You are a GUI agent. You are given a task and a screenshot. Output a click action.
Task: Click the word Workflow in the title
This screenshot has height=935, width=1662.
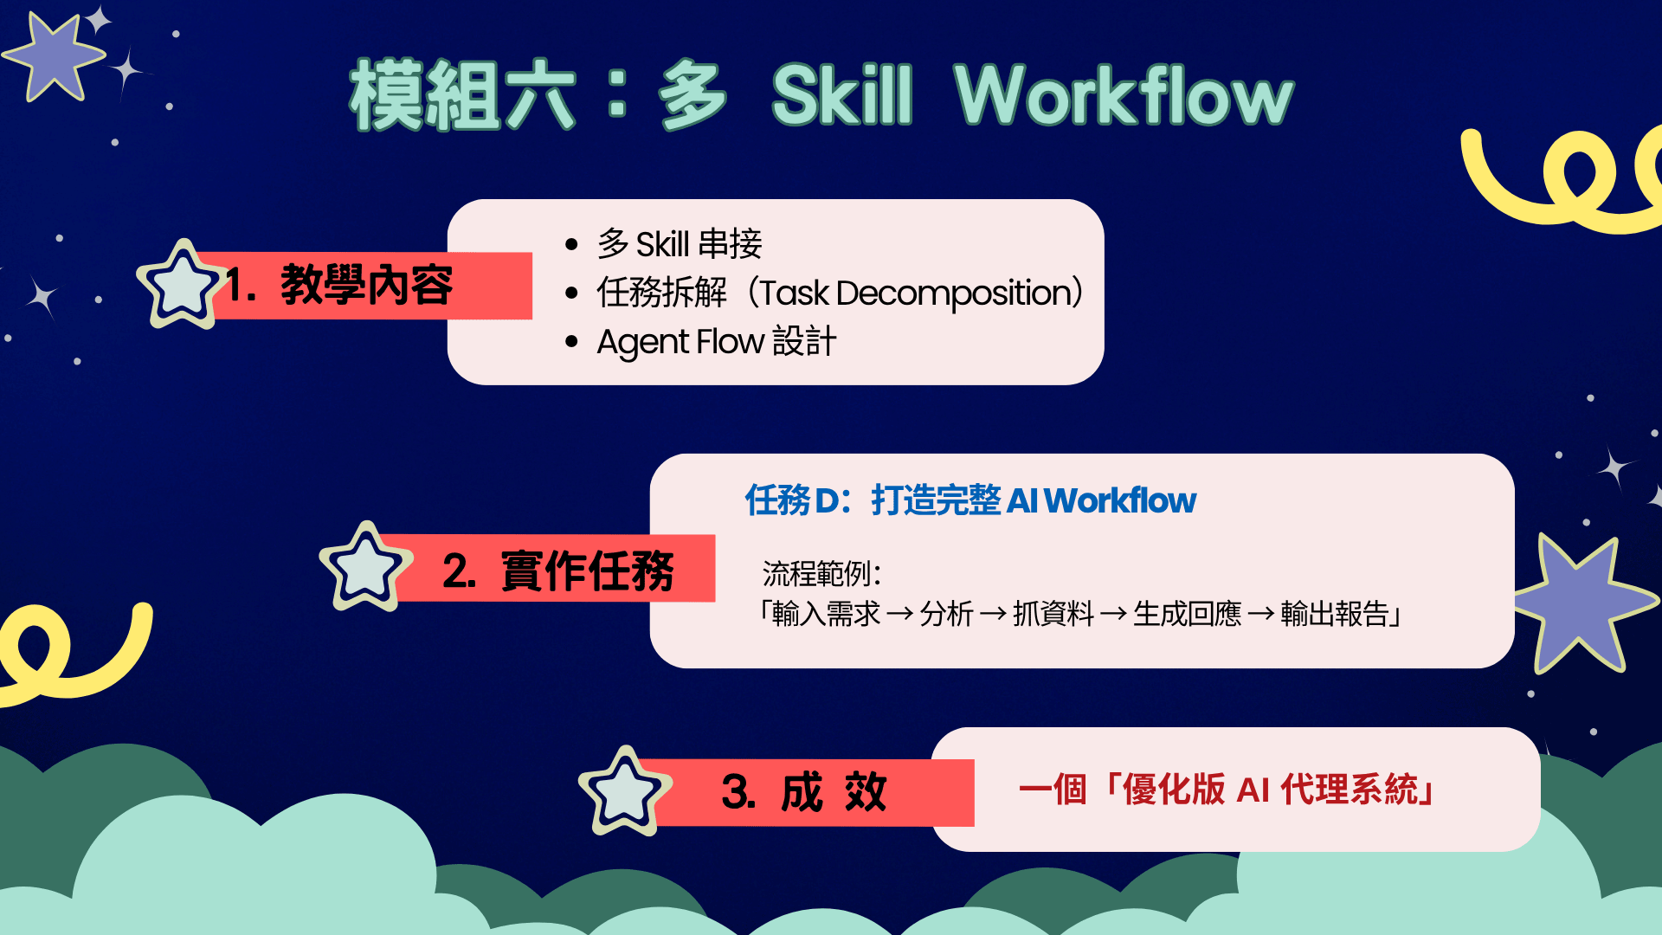coord(1124,95)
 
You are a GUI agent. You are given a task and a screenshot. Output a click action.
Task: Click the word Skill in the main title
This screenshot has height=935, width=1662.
coord(842,95)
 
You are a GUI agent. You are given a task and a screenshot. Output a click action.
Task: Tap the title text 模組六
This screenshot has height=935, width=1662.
coord(462,95)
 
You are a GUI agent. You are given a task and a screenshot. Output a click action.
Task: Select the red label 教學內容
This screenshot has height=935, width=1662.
coord(367,285)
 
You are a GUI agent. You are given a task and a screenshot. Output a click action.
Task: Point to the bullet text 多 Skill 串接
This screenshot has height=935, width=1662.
coord(680,244)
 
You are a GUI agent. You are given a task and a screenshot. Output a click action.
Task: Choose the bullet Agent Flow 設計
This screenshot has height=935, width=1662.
coord(717,342)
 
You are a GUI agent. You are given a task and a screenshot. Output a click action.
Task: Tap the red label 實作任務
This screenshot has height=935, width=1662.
coord(587,571)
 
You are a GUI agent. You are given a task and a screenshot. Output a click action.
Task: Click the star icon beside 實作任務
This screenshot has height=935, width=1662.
coord(365,568)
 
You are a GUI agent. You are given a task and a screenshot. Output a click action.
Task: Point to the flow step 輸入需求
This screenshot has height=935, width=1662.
coord(826,614)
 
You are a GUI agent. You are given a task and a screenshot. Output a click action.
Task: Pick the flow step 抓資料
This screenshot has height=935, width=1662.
coord(1053,614)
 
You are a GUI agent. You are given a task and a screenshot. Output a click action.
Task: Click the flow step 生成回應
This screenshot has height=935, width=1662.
coord(1188,614)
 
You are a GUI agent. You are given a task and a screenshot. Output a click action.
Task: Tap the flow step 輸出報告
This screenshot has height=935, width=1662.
coord(1335,614)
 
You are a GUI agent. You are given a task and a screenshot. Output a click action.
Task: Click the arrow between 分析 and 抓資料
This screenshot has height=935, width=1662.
coord(993,615)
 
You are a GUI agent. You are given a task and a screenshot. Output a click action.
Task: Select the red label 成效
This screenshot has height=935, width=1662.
coord(834,792)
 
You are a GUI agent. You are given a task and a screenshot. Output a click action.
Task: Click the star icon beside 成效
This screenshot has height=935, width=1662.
coord(625,791)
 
